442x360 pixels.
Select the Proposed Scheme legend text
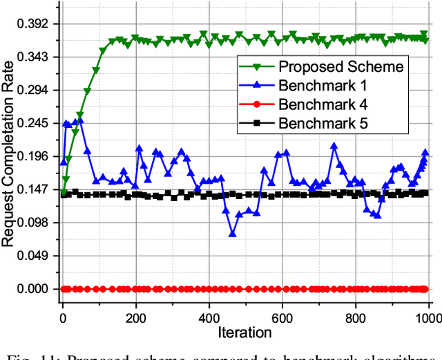[340, 66]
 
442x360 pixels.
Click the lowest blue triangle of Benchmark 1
[232, 234]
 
